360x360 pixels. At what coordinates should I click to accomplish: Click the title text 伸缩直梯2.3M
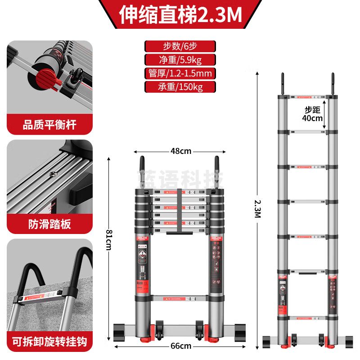tap(180, 15)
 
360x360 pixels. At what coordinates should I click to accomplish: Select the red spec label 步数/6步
tap(180, 46)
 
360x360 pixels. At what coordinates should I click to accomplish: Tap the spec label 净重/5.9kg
tap(180, 60)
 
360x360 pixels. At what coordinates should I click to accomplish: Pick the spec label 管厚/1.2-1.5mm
tap(180, 73)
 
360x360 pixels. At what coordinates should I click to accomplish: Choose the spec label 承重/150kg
tap(180, 87)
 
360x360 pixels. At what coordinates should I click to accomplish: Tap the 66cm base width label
tap(180, 346)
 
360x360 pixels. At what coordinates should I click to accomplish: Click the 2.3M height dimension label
tap(258, 209)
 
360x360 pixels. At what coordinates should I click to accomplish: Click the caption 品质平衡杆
tap(49, 125)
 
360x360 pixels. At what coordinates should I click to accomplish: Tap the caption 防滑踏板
tap(49, 224)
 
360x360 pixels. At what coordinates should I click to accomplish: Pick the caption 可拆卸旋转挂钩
tap(49, 340)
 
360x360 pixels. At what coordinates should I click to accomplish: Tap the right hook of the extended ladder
tap(333, 83)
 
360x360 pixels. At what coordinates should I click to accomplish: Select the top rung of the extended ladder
tap(308, 97)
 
